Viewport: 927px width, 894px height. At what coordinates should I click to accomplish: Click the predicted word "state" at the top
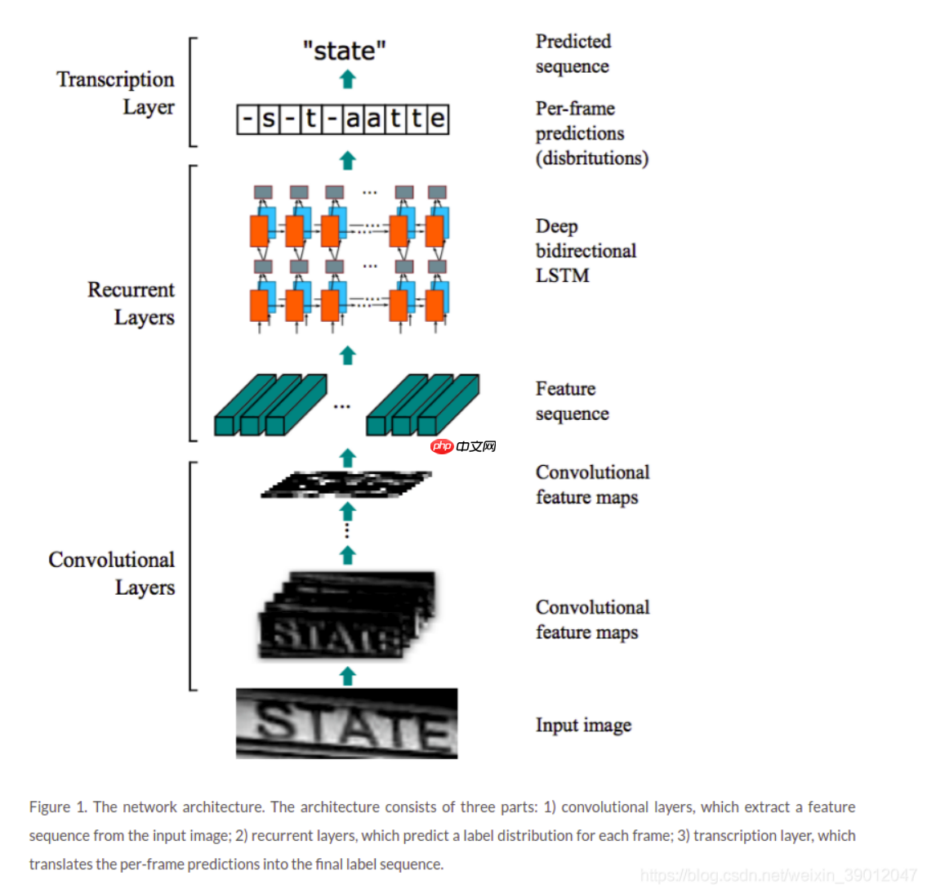344,51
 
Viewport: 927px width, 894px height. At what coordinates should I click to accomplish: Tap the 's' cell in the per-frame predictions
269,119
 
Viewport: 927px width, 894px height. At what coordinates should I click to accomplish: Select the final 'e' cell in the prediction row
438,119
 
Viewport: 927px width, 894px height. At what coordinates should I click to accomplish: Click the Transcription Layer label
115,92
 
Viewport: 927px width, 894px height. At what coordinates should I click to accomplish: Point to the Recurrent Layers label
131,303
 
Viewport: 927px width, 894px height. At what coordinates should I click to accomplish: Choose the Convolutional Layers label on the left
112,573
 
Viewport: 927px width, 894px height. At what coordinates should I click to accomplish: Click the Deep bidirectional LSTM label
585,250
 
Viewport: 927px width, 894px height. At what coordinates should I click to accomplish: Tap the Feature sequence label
572,400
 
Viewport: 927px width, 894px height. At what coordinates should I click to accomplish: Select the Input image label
583,725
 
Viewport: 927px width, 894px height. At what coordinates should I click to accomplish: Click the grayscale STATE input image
346,723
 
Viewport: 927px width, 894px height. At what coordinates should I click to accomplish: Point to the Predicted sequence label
573,53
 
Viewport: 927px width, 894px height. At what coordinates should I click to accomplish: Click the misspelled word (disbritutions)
591,158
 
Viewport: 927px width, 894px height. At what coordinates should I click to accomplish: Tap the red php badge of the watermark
442,446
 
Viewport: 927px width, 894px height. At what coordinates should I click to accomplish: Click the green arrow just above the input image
348,676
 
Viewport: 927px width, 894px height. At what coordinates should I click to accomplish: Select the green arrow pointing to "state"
348,79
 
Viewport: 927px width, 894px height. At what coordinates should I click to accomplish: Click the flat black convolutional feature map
346,485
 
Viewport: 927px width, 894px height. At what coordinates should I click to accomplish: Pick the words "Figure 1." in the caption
57,807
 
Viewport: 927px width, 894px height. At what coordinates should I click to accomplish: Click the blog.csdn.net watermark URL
778,875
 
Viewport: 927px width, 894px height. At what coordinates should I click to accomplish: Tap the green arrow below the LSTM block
348,355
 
